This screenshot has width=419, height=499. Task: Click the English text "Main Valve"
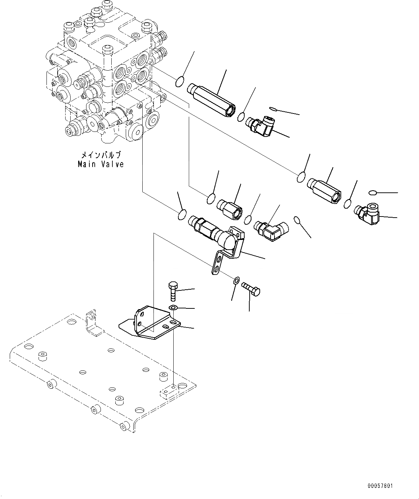point(101,164)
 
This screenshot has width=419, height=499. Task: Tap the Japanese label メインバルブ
point(101,155)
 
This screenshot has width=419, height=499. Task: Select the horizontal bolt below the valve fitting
point(251,289)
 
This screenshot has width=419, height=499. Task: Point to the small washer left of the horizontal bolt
point(236,280)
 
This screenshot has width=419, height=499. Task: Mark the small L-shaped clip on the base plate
point(92,321)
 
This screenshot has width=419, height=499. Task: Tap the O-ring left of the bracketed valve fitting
point(182,215)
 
